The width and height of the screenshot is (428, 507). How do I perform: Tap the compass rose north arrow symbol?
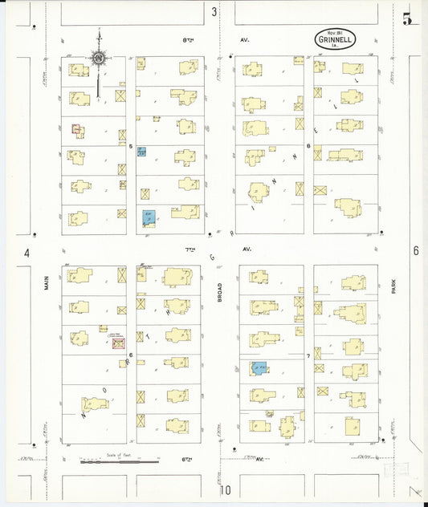click(98, 59)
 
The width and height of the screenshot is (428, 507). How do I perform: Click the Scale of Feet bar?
click(118, 461)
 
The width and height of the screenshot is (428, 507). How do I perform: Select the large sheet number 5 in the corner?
click(408, 18)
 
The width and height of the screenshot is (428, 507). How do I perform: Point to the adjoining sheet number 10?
click(227, 489)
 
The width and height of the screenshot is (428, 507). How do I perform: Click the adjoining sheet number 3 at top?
click(214, 12)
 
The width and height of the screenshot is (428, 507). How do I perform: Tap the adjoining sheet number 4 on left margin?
click(26, 253)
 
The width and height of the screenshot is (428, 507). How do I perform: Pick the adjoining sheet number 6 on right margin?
click(415, 251)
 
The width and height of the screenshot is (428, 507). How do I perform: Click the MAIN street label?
click(47, 283)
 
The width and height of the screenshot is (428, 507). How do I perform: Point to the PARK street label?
click(394, 287)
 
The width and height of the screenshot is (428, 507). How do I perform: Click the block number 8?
click(308, 146)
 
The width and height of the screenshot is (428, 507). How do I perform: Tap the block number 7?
click(308, 355)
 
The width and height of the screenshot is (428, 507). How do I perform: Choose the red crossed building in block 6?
click(118, 343)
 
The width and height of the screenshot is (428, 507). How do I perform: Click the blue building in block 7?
click(259, 368)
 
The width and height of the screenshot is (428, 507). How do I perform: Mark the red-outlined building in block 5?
click(77, 128)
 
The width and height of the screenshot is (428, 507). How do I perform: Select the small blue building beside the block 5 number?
click(141, 151)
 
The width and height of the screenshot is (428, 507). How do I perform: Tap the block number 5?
click(130, 145)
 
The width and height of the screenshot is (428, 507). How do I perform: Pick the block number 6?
click(130, 355)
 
